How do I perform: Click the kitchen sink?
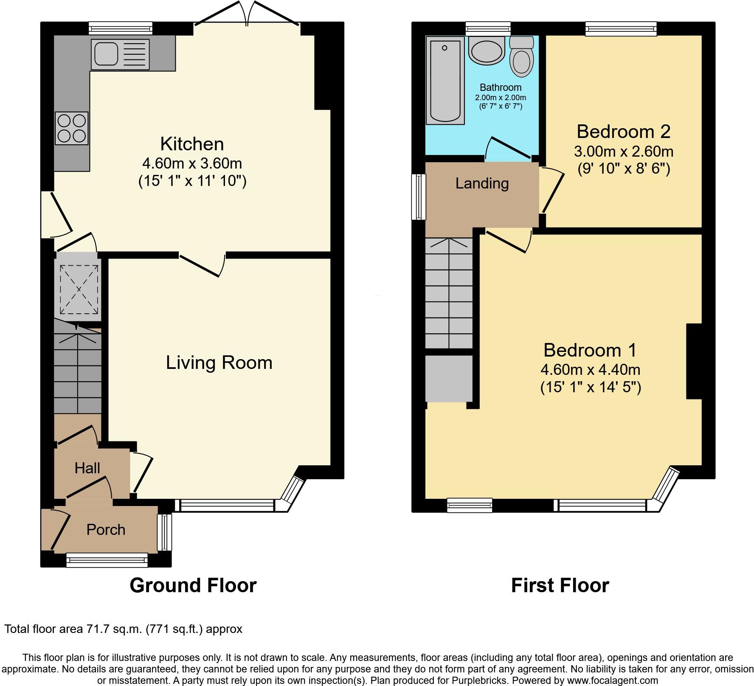(120, 54)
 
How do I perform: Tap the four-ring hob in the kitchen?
(72, 129)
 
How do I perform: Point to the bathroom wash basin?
(487, 51)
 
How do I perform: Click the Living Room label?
(219, 363)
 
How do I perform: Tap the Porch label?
(106, 530)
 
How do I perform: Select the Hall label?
(87, 468)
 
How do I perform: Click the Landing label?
(482, 183)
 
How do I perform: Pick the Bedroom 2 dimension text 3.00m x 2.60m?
(624, 152)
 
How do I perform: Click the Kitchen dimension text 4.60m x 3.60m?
(192, 163)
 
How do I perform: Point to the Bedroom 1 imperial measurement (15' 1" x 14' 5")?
(591, 388)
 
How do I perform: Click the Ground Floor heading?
(193, 585)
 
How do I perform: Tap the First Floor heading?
(560, 585)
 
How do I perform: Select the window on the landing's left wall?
(419, 197)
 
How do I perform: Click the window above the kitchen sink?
(121, 28)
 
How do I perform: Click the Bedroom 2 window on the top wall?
(621, 28)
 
